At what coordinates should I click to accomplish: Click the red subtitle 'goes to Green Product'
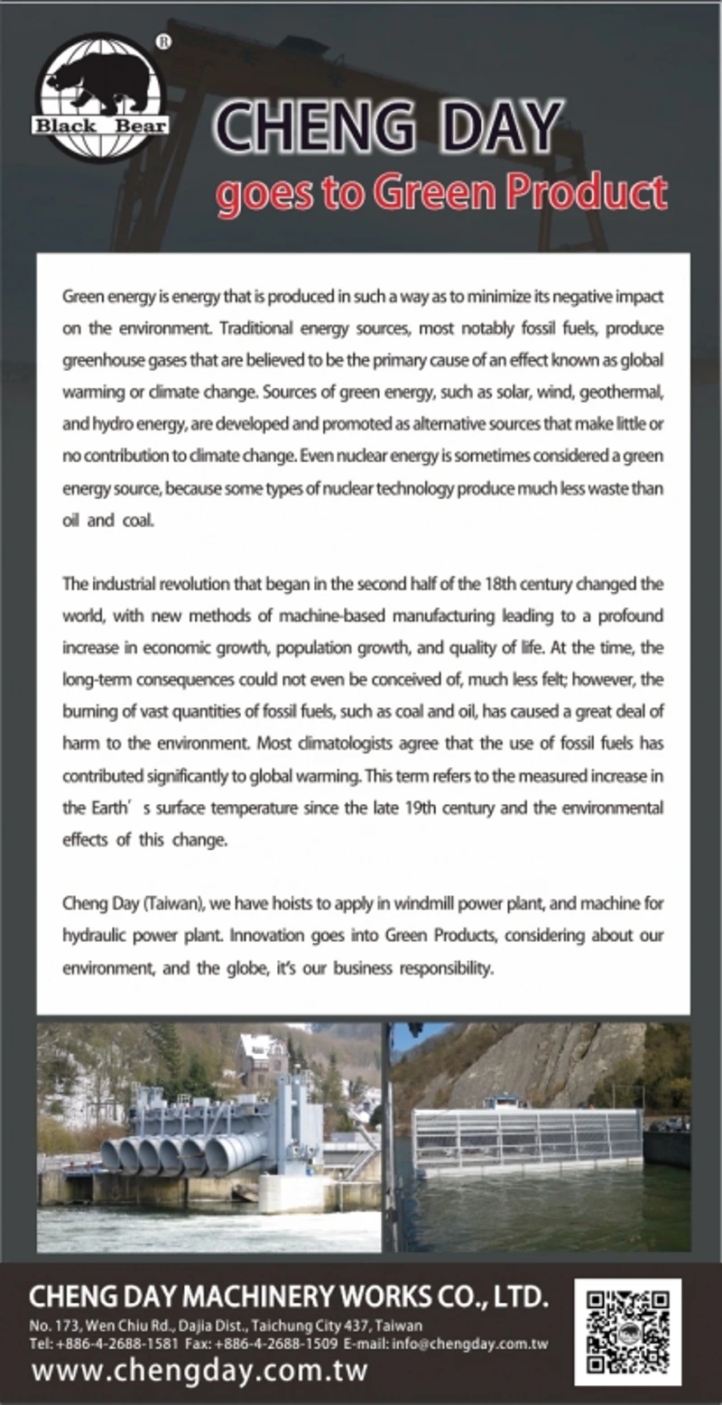click(x=441, y=192)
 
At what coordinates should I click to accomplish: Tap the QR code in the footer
click(x=627, y=1330)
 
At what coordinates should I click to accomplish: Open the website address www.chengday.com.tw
click(x=199, y=1371)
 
